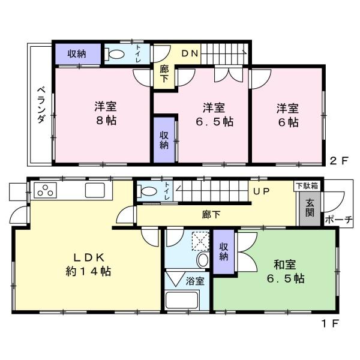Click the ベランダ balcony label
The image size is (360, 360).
pos(41,104)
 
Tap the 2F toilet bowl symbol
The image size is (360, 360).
pos(115,54)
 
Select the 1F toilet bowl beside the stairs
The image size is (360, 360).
pos(147,191)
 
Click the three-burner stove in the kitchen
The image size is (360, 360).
pos(45,190)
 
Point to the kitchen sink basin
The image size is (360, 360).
pos(95,190)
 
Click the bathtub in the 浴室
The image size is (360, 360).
pos(182,300)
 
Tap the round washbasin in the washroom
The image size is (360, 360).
pos(203,260)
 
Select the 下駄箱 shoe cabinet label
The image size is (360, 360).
pos(307,186)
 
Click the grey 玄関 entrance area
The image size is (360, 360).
pos(310,208)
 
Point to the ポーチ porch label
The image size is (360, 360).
pos(338,220)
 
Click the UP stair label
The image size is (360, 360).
pos(261,191)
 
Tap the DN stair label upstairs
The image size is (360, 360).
pos(190,53)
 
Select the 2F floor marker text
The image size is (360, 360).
pos(339,160)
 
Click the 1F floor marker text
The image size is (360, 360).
pos(330,324)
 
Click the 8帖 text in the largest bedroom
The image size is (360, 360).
pos(106,121)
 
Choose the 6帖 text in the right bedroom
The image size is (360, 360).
pos(289,122)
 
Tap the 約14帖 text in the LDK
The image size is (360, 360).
pos(88,271)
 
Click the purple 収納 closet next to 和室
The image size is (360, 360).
pos(224,251)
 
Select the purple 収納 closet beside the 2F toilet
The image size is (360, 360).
pos(78,54)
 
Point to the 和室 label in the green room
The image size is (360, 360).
pos(284,265)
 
